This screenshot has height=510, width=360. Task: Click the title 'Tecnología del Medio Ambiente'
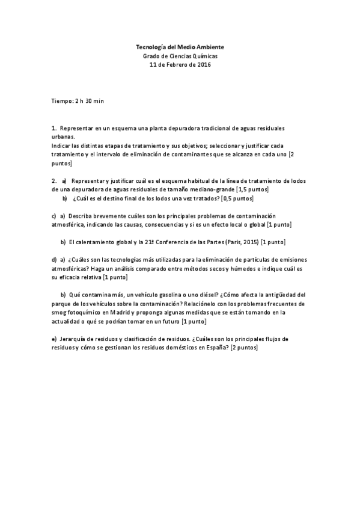point(180,47)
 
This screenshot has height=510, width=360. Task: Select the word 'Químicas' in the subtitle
point(204,56)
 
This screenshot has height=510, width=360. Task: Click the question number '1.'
point(53,129)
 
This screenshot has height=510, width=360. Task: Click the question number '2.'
point(53,180)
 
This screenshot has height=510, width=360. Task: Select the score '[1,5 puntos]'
point(252,189)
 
